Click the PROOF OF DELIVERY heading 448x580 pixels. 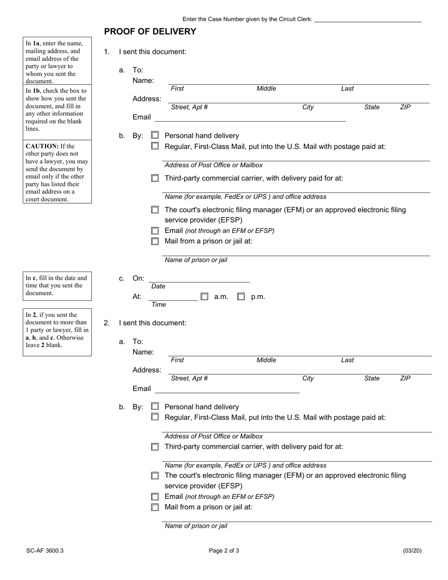(x=150, y=32)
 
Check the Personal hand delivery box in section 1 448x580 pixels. (x=155, y=135)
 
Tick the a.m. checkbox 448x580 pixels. (x=204, y=297)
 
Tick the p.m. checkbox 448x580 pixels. (x=241, y=297)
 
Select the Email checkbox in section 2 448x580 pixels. (x=155, y=497)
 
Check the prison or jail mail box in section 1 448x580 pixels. (x=155, y=241)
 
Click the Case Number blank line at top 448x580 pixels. (x=367, y=20)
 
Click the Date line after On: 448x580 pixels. (x=199, y=279)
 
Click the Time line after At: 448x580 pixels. (x=173, y=297)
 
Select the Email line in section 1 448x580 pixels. (x=250, y=117)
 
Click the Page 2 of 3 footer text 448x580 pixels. (x=224, y=550)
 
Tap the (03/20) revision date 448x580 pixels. (x=412, y=550)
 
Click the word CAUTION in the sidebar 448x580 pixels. (x=42, y=146)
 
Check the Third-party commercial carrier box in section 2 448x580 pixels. (x=155, y=447)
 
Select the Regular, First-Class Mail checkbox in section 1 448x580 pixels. (x=155, y=146)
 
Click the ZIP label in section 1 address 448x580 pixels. (x=405, y=107)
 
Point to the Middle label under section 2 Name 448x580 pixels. (x=266, y=360)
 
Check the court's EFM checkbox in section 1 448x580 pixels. (x=155, y=210)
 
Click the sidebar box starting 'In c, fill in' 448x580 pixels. (x=57, y=286)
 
